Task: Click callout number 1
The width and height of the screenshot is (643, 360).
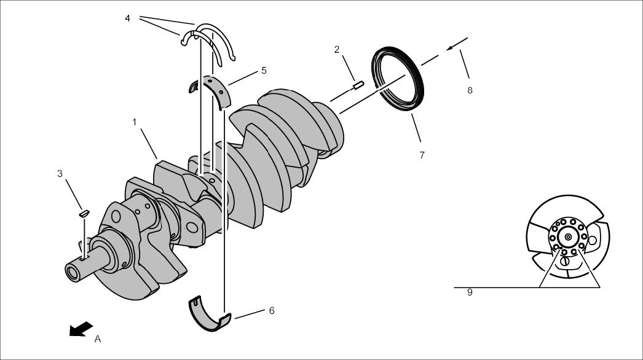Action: click(x=134, y=122)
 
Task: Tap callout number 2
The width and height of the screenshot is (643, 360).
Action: click(x=337, y=50)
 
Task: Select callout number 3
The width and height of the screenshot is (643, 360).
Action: click(x=60, y=174)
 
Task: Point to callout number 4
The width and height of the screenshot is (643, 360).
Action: click(x=127, y=18)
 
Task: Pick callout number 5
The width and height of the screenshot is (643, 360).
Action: click(x=264, y=71)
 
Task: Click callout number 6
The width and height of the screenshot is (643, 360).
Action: click(x=271, y=311)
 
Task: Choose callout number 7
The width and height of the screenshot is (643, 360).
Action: click(x=422, y=155)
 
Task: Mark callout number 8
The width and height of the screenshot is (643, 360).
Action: click(x=470, y=90)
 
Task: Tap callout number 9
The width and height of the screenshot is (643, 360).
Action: click(x=470, y=293)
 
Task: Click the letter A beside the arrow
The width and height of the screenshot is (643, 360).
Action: click(x=97, y=338)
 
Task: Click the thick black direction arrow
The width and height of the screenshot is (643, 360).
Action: click(x=81, y=329)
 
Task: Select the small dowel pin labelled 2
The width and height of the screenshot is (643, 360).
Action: click(x=359, y=85)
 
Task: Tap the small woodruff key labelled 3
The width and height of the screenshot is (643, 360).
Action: click(x=84, y=213)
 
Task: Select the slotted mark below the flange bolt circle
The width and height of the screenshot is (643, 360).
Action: click(x=565, y=260)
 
